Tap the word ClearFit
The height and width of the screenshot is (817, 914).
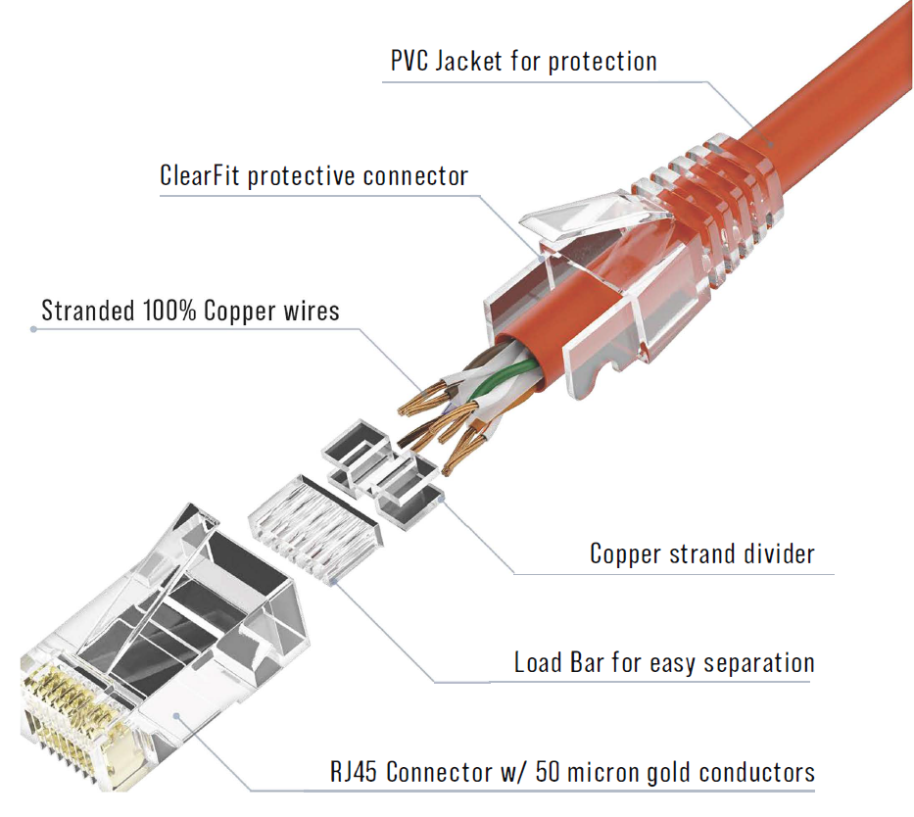pos(200,176)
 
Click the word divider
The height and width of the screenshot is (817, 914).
pos(777,553)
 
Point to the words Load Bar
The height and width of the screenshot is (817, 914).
pos(552,663)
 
